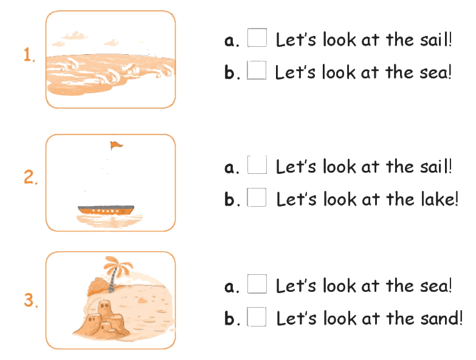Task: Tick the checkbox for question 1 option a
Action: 257,38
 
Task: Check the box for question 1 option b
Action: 257,70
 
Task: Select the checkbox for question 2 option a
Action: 257,165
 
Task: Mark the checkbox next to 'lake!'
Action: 257,197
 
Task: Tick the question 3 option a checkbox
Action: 257,284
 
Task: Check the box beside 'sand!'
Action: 257,317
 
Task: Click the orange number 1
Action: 29,55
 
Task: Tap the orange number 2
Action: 30,177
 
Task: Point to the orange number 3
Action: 31,300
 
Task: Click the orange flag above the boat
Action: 116,145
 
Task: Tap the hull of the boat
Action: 106,210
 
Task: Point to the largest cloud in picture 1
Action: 75,36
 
